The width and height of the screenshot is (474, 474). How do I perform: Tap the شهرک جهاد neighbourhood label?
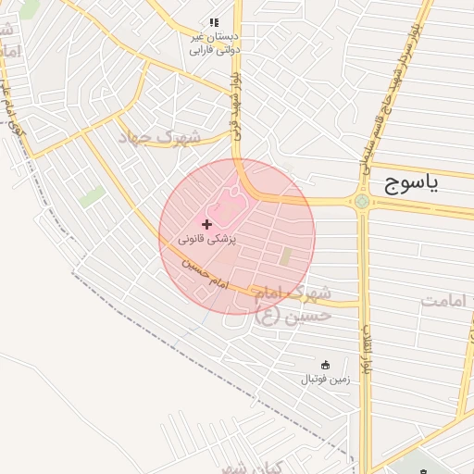pyautogui.click(x=159, y=137)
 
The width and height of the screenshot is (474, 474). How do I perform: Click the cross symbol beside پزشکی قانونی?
pyautogui.click(x=206, y=224)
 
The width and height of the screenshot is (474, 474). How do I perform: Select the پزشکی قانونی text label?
pyautogui.click(x=207, y=239)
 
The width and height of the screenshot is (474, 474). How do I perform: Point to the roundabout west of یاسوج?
pyautogui.click(x=361, y=201)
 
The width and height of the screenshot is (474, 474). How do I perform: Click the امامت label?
pyautogui.click(x=447, y=300)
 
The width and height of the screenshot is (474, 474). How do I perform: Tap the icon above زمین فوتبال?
pyautogui.click(x=324, y=364)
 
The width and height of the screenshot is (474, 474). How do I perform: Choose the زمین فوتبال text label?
pyautogui.click(x=324, y=380)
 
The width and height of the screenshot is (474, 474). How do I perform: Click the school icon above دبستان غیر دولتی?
pyautogui.click(x=214, y=21)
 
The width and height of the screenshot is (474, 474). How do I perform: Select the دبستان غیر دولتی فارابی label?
pyautogui.click(x=214, y=43)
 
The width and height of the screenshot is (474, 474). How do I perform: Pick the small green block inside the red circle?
pyautogui.click(x=286, y=256)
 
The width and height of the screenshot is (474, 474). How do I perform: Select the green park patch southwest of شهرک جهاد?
pyautogui.click(x=92, y=196)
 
